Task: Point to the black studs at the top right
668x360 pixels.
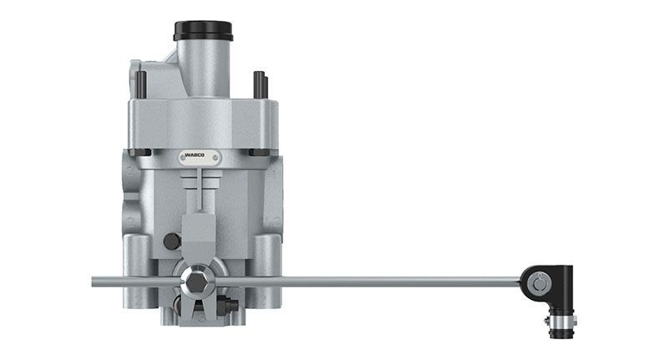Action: [x=261, y=84]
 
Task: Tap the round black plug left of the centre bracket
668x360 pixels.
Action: [x=172, y=241]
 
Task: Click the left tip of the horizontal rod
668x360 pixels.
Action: [x=92, y=281]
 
